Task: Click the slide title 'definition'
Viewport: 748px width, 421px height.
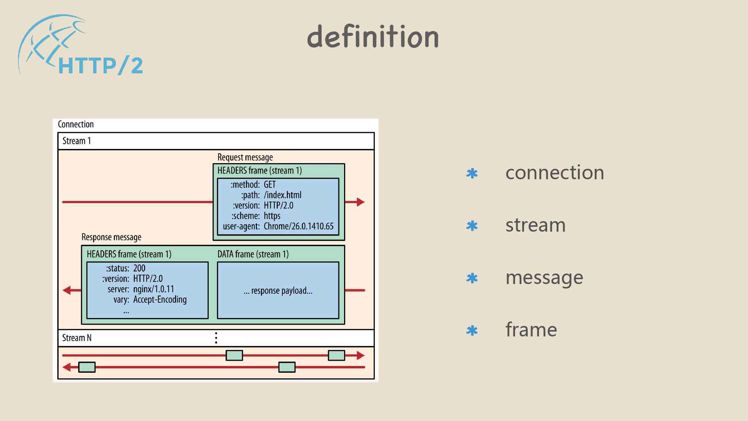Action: coord(373,37)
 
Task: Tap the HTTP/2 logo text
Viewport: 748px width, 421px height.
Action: coord(100,66)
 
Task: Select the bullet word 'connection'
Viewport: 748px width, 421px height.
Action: coord(555,173)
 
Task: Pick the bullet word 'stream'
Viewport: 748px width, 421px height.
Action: coord(535,225)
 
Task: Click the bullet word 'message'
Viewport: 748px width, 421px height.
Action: coord(544,278)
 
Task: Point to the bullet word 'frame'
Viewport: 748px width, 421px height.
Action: coord(531,330)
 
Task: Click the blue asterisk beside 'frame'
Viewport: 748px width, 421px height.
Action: coord(472,330)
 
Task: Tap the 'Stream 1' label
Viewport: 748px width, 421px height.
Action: coord(77,141)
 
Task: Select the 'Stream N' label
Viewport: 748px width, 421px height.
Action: coord(77,338)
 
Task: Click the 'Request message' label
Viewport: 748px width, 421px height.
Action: coord(245,157)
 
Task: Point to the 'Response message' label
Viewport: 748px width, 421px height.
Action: coord(111,237)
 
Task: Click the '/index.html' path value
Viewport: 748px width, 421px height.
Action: coord(282,195)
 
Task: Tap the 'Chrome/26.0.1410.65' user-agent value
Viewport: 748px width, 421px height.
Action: coord(298,226)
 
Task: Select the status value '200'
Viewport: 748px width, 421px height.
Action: coord(139,268)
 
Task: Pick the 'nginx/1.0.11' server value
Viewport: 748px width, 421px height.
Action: coord(153,289)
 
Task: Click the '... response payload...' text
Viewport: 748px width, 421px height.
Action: coord(278,291)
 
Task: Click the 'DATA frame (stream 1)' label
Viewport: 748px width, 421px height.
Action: coord(253,254)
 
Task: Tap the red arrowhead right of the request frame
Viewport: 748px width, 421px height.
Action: coord(360,202)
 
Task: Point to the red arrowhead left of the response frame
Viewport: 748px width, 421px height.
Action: coord(67,290)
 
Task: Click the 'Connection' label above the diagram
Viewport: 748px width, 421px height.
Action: coord(76,124)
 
